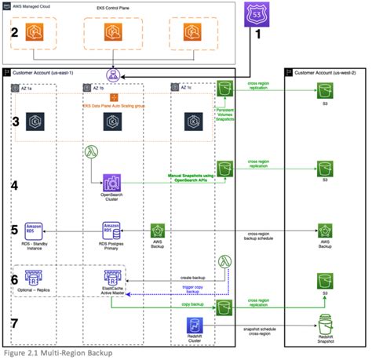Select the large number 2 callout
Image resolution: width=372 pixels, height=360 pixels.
(14, 33)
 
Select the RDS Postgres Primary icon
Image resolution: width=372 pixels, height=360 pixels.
(111, 232)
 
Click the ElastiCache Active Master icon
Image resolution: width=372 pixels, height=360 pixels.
(111, 279)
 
